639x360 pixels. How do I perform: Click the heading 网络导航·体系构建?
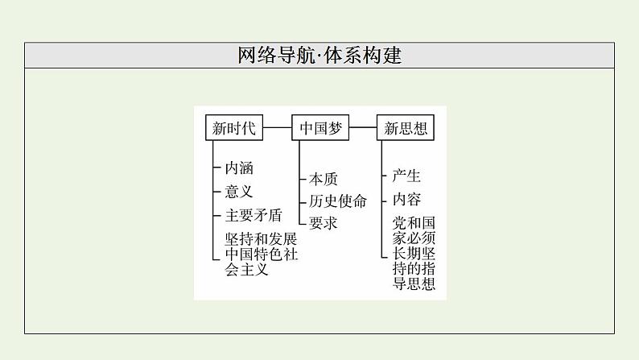pos(319,56)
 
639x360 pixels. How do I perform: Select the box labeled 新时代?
pos(233,127)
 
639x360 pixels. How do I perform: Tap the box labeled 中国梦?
pos(320,127)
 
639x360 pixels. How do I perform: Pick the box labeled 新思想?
pos(405,127)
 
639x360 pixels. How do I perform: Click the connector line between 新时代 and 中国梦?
pos(277,127)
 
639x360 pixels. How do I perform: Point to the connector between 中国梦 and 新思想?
pos(363,127)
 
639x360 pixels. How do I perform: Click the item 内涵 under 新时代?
pos(239,168)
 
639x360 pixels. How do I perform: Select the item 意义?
pos(239,192)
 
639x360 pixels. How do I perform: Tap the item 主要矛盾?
pos(254,215)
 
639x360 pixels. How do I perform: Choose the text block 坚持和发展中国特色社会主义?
pos(261,254)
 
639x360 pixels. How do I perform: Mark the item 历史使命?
pos(338,201)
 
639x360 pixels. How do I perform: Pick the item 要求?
pos(324,223)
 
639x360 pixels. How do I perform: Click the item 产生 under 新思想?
pos(406,176)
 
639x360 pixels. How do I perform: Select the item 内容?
pos(406,199)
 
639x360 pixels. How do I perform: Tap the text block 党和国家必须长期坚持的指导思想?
pos(414,253)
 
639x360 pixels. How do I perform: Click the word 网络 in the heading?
pos(254,56)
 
